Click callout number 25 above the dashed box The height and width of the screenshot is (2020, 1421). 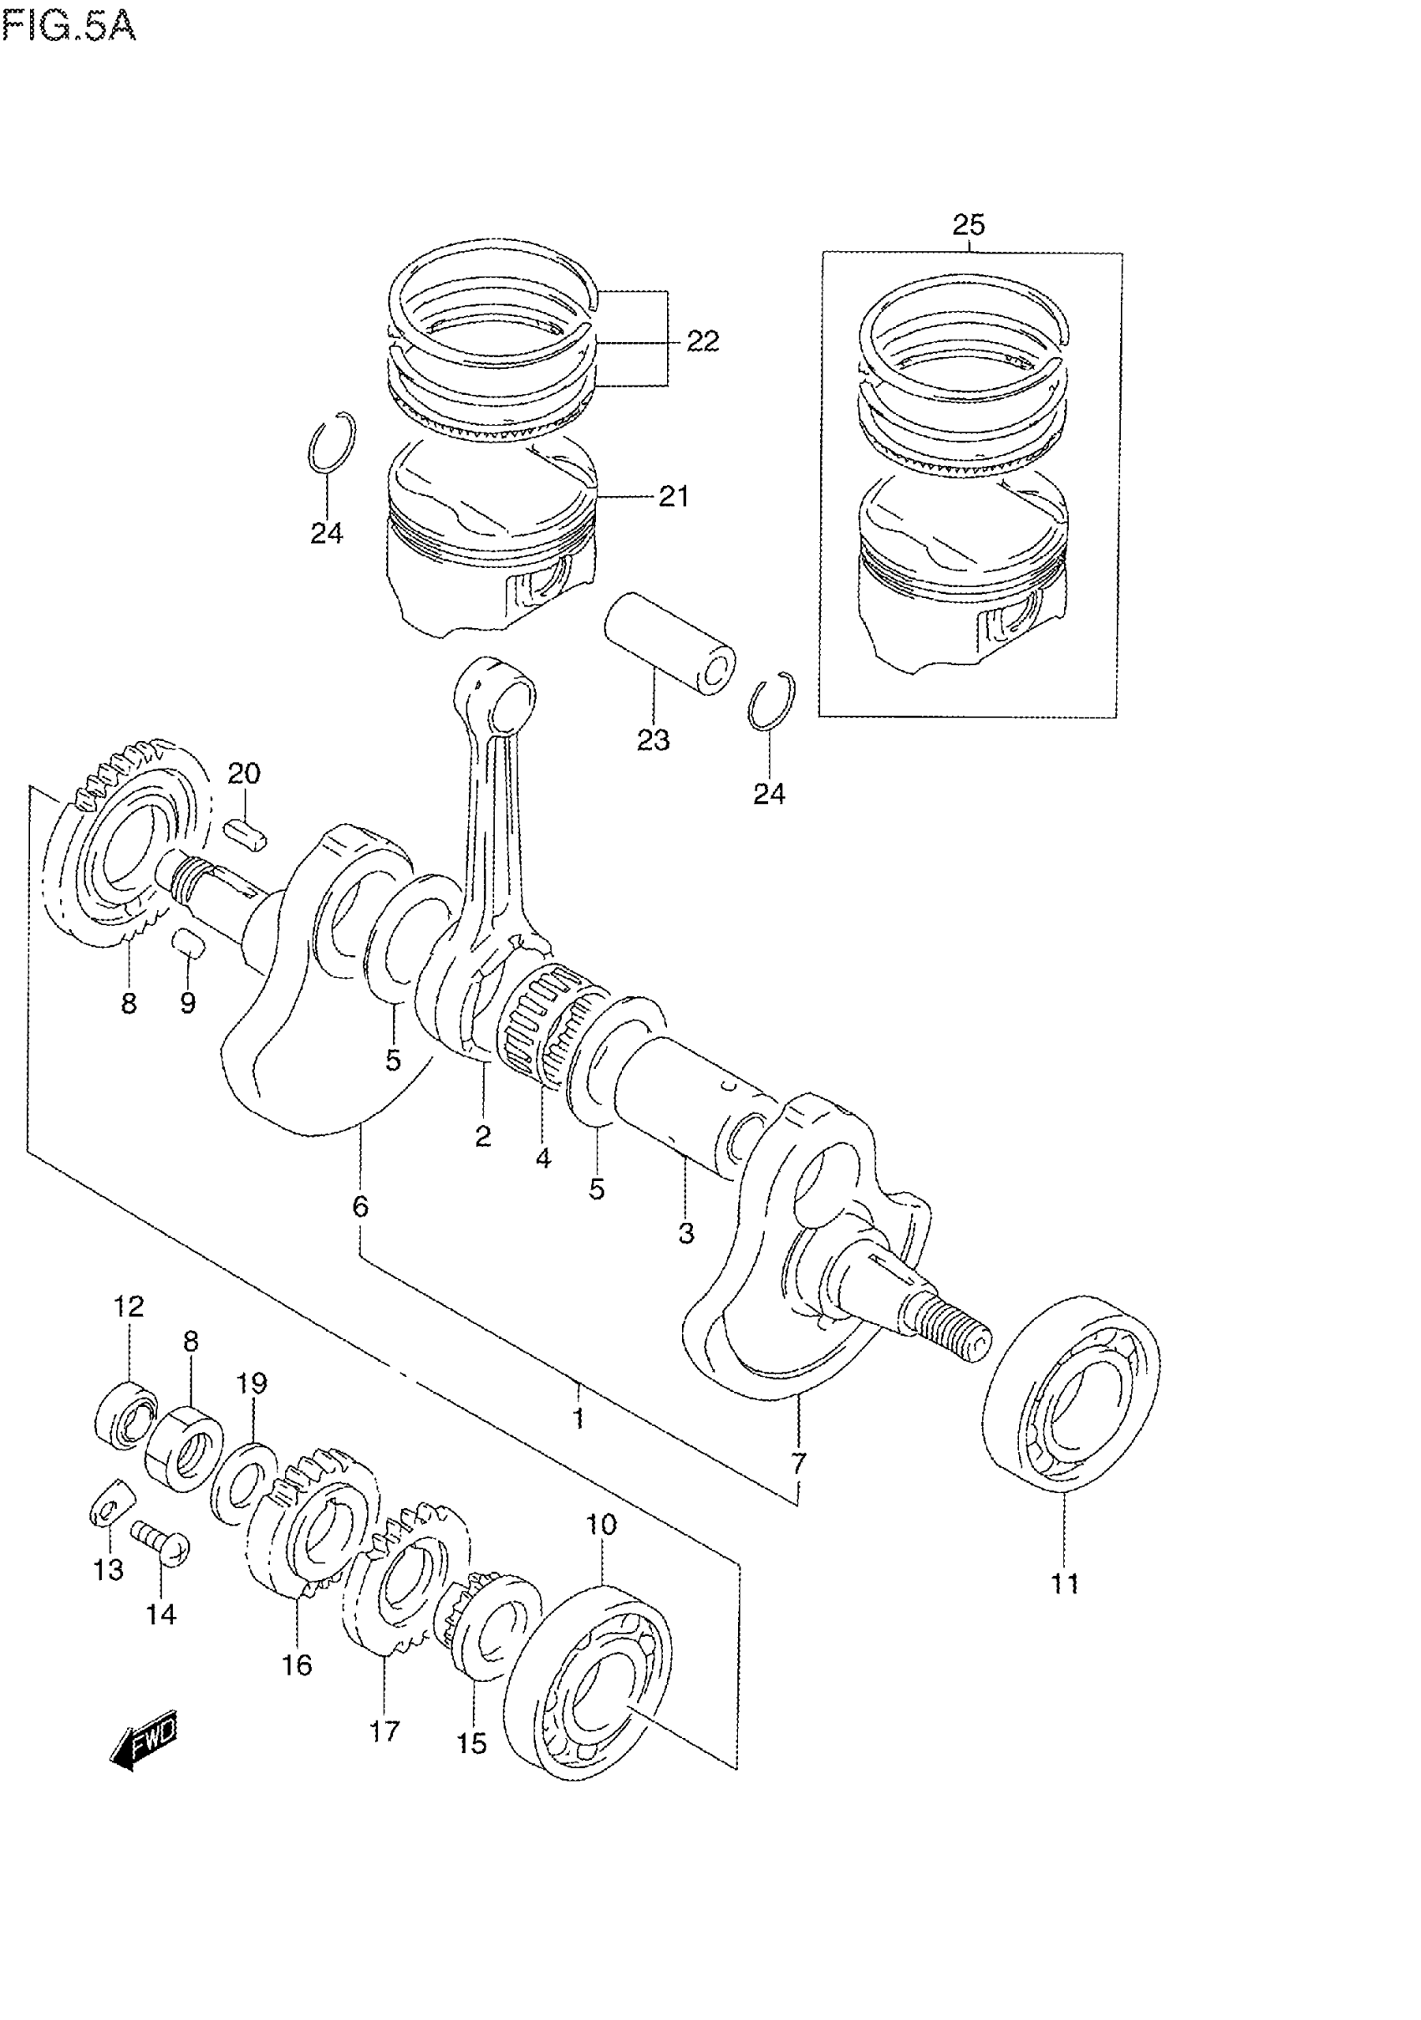click(968, 225)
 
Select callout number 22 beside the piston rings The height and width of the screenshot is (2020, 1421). click(701, 341)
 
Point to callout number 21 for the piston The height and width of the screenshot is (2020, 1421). click(674, 497)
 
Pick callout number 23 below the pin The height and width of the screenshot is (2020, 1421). click(654, 740)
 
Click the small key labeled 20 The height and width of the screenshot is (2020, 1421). click(247, 832)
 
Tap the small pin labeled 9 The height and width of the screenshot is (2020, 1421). click(189, 944)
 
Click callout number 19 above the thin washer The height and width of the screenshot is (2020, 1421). click(252, 1383)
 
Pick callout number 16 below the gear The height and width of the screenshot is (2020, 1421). click(298, 1665)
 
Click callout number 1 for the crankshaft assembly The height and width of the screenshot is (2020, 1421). click(578, 1419)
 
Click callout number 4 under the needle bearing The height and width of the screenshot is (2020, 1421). click(542, 1158)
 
